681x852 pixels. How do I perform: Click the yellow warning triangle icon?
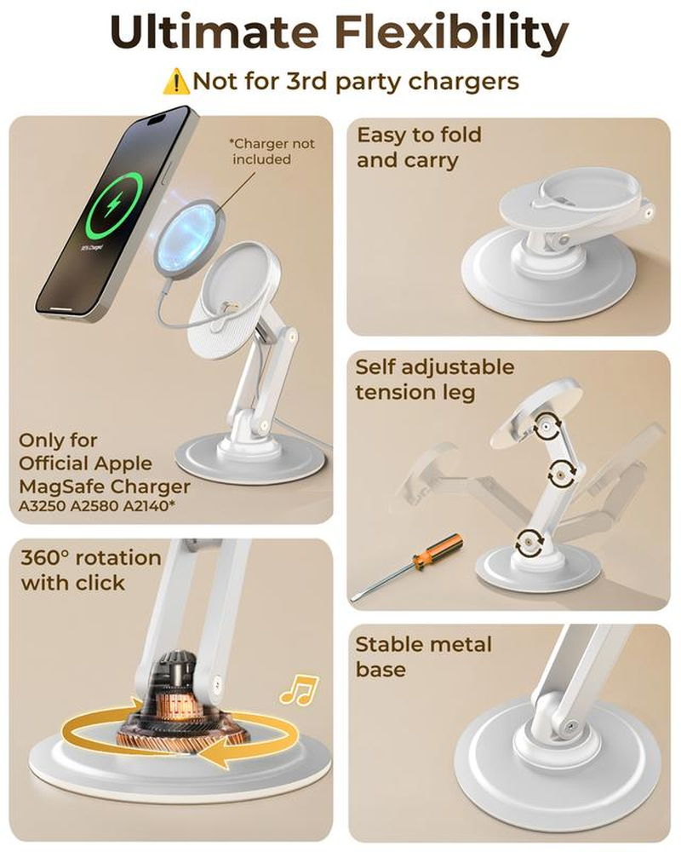[x=176, y=82]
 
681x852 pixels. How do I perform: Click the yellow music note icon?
[x=299, y=691]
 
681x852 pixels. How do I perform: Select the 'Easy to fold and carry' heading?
[x=420, y=147]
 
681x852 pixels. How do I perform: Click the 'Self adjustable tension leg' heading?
[x=435, y=379]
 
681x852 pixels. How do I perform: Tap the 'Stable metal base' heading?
[x=424, y=656]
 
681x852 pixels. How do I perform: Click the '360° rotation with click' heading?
[x=91, y=570]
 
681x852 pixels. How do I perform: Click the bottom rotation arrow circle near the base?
[x=528, y=541]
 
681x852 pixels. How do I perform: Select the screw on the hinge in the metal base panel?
[x=570, y=726]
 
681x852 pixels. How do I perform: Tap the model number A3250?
[x=42, y=506]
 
